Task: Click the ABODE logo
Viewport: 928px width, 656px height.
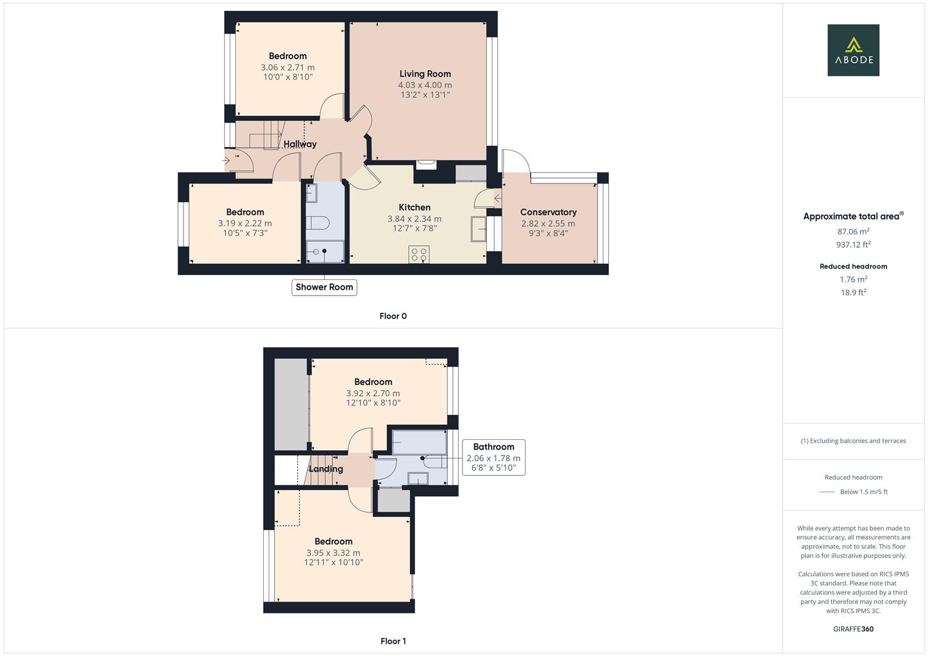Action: (x=853, y=50)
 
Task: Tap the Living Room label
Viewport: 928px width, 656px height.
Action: (x=425, y=74)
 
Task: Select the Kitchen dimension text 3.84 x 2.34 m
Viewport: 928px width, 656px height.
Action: (x=414, y=219)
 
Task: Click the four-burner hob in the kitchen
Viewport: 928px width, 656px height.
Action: (x=419, y=255)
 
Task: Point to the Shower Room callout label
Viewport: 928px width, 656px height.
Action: (x=324, y=287)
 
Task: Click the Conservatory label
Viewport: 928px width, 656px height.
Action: (x=548, y=212)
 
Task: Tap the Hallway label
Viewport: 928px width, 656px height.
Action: (x=300, y=144)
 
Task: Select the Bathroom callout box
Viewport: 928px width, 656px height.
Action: (x=493, y=457)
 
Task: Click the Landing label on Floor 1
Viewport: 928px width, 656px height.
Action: (x=326, y=469)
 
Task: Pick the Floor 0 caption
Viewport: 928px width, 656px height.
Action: (x=393, y=316)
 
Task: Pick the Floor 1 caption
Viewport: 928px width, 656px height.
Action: (x=393, y=641)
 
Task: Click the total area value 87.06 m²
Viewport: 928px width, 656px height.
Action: (x=853, y=231)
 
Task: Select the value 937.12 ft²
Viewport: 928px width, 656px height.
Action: (x=853, y=245)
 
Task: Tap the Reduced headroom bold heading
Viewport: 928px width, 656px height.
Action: (x=853, y=266)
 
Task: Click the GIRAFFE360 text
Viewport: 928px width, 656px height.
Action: (x=853, y=629)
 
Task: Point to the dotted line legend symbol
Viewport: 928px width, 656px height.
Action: (x=827, y=492)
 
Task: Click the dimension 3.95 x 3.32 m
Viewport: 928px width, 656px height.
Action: (x=333, y=553)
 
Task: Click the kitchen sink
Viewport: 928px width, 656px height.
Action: (x=479, y=229)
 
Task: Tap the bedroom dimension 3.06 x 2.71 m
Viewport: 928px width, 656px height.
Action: (x=287, y=67)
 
